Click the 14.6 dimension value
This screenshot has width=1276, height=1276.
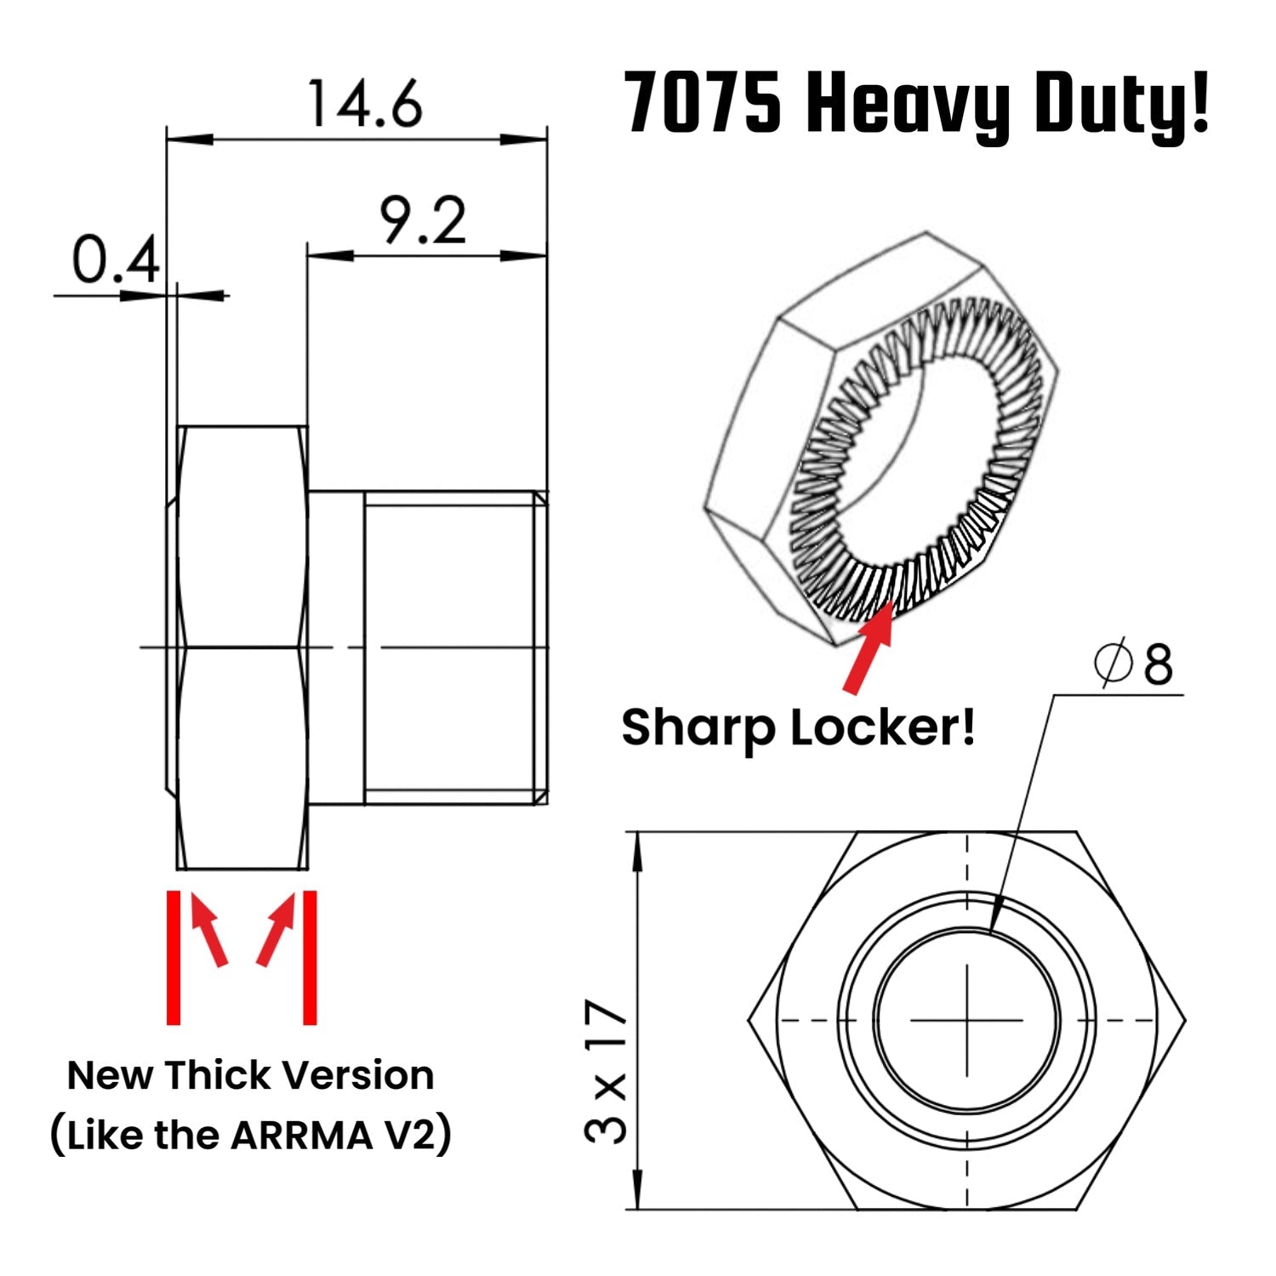pyautogui.click(x=364, y=105)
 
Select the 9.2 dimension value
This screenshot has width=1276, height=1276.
pyautogui.click(x=423, y=221)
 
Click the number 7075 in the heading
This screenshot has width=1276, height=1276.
pyautogui.click(x=703, y=104)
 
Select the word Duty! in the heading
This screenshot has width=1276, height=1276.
pyautogui.click(x=1121, y=104)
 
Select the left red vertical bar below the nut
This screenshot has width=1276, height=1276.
pyautogui.click(x=174, y=957)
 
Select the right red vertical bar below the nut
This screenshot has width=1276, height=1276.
pyautogui.click(x=310, y=957)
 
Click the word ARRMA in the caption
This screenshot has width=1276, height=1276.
pyautogui.click(x=300, y=1136)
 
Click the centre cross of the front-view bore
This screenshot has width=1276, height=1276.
pyautogui.click(x=967, y=1020)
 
